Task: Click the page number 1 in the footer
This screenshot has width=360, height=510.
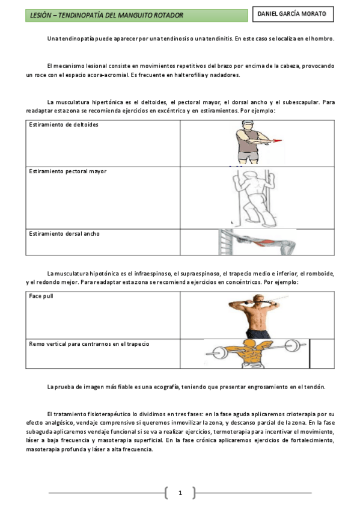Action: click(x=179, y=493)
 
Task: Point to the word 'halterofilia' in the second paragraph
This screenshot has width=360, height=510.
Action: click(x=208, y=75)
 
